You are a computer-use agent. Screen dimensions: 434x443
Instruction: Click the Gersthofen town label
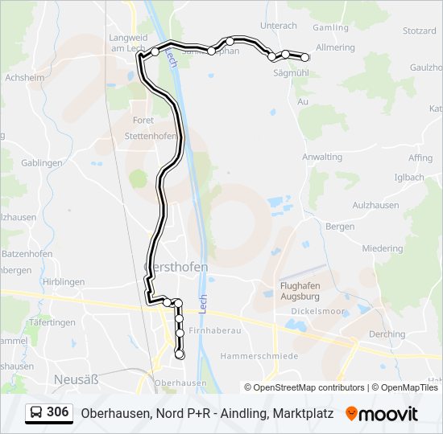pyautogui.click(x=175, y=267)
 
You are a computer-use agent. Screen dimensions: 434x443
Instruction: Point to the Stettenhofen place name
pyautogui.click(x=151, y=136)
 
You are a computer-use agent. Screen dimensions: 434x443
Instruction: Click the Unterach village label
pyautogui.click(x=279, y=26)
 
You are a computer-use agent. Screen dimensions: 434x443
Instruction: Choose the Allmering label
pyautogui.click(x=335, y=48)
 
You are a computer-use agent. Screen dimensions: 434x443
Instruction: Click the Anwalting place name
pyautogui.click(x=322, y=157)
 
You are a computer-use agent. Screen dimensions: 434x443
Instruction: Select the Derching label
pyautogui.click(x=387, y=334)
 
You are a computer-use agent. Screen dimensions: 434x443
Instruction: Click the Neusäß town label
pyautogui.click(x=74, y=378)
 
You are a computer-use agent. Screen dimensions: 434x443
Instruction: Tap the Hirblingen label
pyautogui.click(x=64, y=282)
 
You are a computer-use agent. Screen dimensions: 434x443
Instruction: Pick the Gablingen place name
pyautogui.click(x=42, y=162)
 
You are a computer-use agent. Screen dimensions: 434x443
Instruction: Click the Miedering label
pyautogui.click(x=382, y=249)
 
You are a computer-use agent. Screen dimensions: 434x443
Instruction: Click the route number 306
pyautogui.click(x=57, y=412)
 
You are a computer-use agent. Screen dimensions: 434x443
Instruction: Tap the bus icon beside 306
pyautogui.click(x=36, y=413)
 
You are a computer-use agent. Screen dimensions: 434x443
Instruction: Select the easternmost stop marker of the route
pyautogui.click(x=305, y=57)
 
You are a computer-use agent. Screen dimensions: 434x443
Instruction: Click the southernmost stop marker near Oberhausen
pyautogui.click(x=180, y=354)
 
